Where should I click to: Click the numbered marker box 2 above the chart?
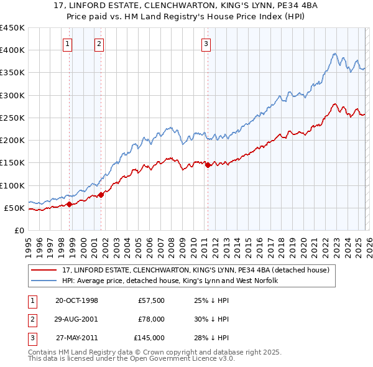point(99,44)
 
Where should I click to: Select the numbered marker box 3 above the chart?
point(206,44)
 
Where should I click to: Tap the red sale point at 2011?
point(208,165)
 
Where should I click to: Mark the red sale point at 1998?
point(70,204)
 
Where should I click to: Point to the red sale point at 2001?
point(101,195)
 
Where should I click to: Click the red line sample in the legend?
point(44,269)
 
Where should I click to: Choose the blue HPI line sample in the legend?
point(44,281)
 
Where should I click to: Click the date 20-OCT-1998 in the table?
point(76,300)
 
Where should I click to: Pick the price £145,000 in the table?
point(149,338)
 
